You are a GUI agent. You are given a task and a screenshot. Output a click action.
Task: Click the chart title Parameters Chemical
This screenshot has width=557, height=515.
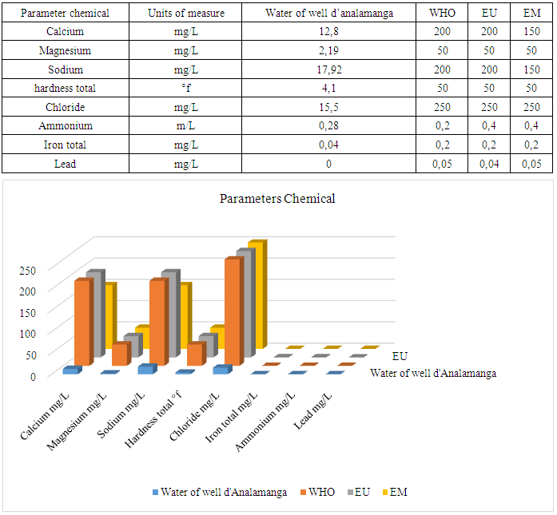277,199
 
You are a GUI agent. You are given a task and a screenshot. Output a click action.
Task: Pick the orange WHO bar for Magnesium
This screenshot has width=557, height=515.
119,355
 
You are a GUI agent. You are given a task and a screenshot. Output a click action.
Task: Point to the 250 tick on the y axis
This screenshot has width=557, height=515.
29,270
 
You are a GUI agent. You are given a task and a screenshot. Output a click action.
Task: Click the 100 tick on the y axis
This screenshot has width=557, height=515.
29,333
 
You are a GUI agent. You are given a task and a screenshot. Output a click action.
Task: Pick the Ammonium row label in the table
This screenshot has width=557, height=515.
66,125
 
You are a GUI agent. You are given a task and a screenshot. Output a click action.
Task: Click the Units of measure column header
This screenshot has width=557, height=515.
187,14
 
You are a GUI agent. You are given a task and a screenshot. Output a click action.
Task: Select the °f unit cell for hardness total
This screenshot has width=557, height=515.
187,88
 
